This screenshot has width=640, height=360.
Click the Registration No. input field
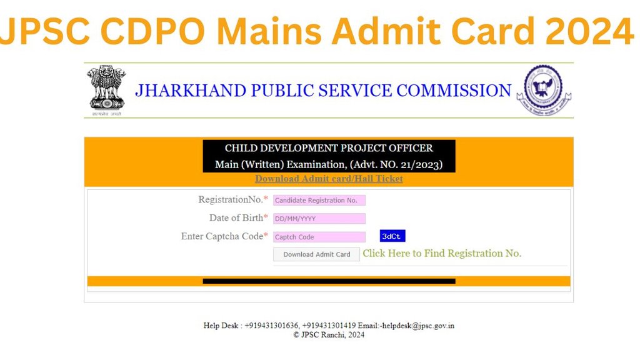point(319,200)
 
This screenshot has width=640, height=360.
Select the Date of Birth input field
point(319,218)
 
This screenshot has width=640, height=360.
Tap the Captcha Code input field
point(319,237)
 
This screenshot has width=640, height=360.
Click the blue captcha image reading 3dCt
point(392,236)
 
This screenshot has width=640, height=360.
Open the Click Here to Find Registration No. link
point(442,254)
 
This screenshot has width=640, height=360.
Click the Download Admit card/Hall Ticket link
point(329,178)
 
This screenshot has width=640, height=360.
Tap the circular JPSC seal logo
point(544,90)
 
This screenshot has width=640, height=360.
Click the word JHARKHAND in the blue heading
point(191,90)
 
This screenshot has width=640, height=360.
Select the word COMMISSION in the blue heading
point(454,90)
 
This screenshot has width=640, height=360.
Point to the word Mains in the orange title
point(269,31)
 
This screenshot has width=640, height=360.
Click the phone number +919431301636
point(271,326)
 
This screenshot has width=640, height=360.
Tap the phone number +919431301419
point(329,326)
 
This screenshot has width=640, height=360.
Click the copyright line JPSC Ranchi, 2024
point(329,335)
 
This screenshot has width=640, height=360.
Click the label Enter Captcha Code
point(222,236)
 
